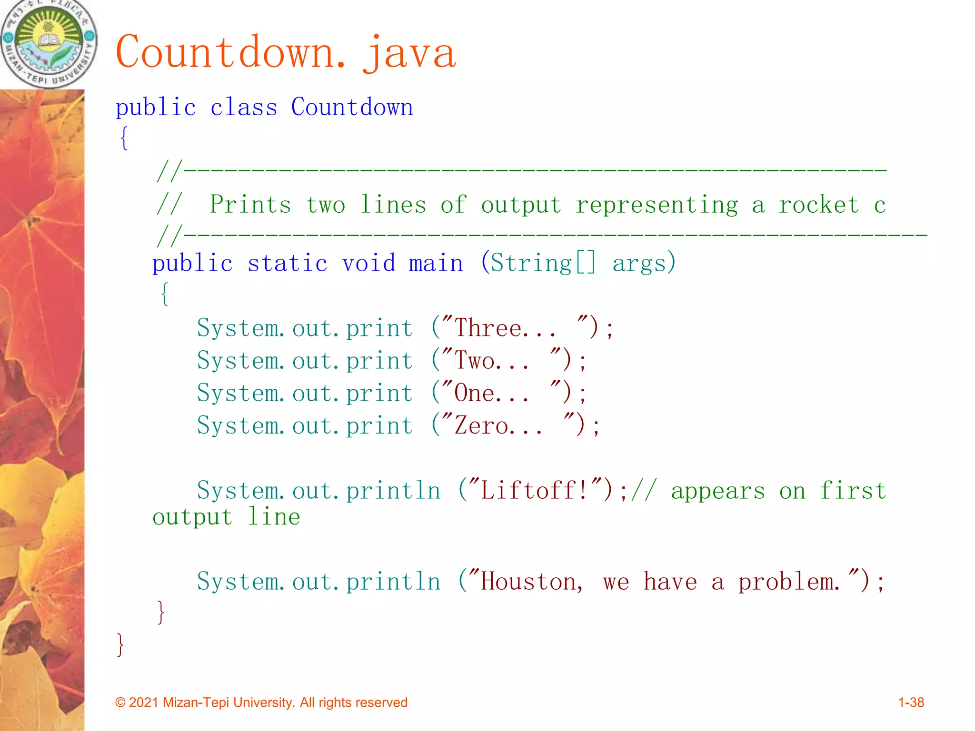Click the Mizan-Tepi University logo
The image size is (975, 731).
(49, 44)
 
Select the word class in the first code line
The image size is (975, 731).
(244, 108)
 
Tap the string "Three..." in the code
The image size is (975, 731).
(505, 328)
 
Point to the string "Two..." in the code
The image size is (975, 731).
(491, 361)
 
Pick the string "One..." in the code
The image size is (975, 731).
(491, 393)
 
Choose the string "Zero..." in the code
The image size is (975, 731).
(498, 425)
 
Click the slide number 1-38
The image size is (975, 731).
(911, 702)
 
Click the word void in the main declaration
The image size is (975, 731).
(369, 264)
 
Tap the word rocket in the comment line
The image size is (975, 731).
(819, 205)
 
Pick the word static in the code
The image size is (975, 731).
(288, 264)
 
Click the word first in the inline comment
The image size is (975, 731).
(853, 491)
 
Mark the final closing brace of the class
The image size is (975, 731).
(120, 645)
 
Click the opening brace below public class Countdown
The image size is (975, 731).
(124, 138)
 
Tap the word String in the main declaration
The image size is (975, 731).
(531, 264)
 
